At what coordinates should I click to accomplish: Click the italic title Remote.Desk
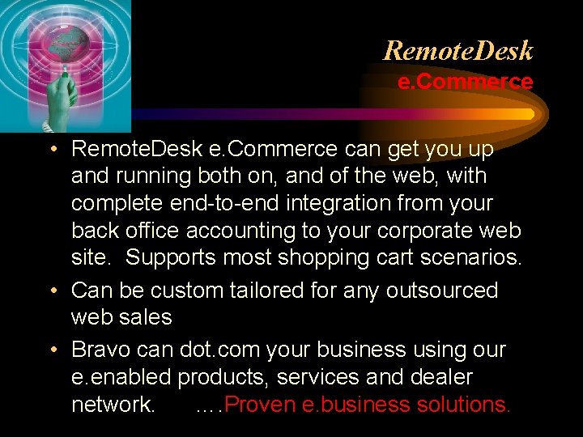click(x=458, y=51)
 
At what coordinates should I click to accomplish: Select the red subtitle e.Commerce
click(x=465, y=82)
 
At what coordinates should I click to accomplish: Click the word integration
click(x=339, y=203)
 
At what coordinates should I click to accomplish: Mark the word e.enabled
click(x=121, y=377)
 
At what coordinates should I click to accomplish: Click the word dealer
click(x=438, y=377)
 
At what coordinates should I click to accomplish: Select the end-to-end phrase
click(x=231, y=203)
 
